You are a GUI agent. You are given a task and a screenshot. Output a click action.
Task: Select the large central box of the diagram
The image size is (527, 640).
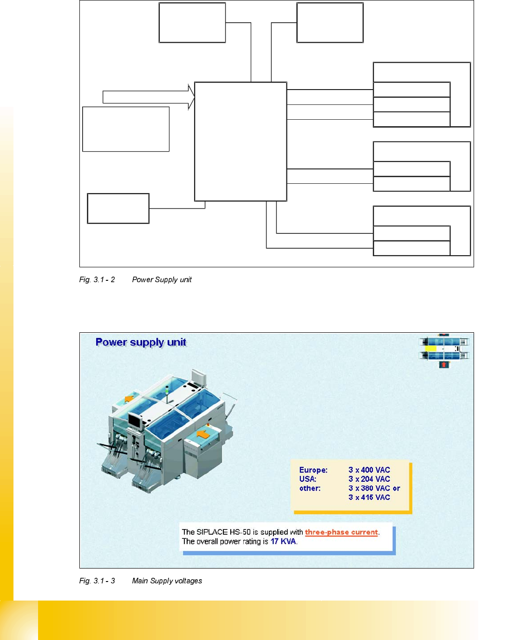[x=241, y=142]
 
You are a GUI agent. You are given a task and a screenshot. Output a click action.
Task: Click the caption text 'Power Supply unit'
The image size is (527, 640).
[x=162, y=280]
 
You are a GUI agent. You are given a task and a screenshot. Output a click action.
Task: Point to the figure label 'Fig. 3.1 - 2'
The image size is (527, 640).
[x=97, y=280]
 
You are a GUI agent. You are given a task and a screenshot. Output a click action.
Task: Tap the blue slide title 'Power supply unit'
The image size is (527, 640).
[x=141, y=343]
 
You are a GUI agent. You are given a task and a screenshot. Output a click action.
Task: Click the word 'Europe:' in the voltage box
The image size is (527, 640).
[x=313, y=470]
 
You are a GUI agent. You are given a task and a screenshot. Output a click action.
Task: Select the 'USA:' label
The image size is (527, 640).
[x=308, y=479]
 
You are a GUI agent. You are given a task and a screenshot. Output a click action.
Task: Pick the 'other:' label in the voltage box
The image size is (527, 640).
[x=310, y=488]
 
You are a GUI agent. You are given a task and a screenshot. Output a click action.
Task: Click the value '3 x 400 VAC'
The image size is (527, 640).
[x=369, y=470]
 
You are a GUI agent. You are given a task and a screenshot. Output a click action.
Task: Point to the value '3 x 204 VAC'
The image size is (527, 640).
[x=369, y=479]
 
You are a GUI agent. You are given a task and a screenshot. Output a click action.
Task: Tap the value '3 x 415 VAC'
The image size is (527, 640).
[x=369, y=498]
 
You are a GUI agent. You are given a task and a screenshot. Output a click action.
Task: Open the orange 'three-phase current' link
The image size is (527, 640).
[x=341, y=532]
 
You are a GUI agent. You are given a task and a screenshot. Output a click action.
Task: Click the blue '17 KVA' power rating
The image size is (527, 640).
[x=283, y=542]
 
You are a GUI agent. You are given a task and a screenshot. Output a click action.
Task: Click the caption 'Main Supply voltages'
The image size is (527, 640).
[x=167, y=581]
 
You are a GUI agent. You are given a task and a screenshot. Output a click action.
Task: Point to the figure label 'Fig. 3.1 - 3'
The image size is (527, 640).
[x=97, y=581]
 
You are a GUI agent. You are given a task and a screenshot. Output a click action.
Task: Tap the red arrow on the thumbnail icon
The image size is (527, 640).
[x=444, y=365]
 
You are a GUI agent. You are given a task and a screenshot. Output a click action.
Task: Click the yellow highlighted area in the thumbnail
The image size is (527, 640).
[x=430, y=348]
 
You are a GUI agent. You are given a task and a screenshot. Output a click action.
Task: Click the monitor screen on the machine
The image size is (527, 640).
[x=135, y=421]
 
